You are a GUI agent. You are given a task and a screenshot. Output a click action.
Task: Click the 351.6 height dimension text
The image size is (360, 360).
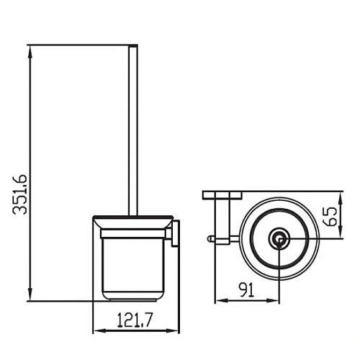pos(19,194)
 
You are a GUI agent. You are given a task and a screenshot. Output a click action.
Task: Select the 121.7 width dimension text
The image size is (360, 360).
pos(135,320)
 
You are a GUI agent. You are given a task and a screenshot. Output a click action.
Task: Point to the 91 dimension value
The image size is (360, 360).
pos(246,290)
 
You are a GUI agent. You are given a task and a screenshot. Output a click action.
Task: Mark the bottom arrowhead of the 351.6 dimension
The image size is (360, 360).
pos(30,294)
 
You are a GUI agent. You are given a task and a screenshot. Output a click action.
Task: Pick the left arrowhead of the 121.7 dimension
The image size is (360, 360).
pos(99,330)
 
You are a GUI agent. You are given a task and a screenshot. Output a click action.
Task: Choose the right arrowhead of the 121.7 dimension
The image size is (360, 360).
pos(173,330)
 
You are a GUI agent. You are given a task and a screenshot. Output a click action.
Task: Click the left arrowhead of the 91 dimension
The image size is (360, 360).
pos(221,300)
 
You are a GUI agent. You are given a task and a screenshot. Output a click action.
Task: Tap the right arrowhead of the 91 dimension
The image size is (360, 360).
pos(273,300)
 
